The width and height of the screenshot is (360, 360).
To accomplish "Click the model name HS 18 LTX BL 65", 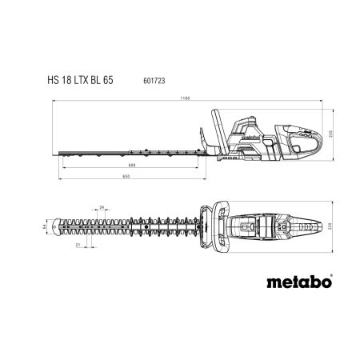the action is (80, 80).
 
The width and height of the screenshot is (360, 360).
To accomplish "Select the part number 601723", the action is (154, 81).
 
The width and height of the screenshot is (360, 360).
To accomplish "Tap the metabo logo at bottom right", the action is (299, 282).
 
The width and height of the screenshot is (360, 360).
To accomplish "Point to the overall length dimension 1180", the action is (185, 98).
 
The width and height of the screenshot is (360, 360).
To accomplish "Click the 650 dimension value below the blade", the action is (126, 177).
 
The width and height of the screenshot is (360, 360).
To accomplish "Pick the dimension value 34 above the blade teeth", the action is (102, 207).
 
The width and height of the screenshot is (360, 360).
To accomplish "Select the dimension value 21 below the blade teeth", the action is (78, 245).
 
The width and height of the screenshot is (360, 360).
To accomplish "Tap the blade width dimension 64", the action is (44, 226).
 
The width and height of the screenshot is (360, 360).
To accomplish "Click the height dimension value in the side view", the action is (330, 134).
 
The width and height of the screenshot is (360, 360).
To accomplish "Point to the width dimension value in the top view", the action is (330, 226).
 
